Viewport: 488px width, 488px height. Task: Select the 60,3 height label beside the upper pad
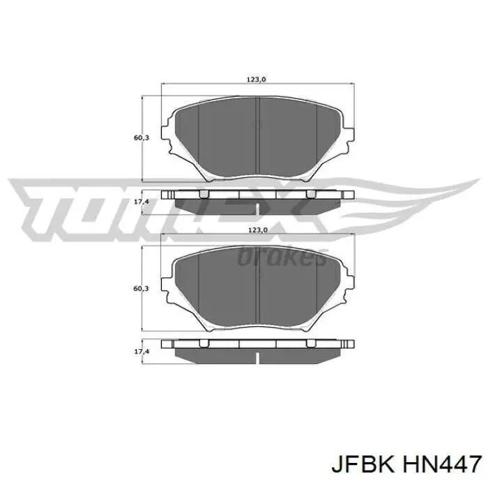click(141, 138)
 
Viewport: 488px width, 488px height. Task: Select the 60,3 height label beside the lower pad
click(141, 288)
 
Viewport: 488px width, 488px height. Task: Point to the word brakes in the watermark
click(282, 258)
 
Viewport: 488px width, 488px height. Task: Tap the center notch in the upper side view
click(258, 207)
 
